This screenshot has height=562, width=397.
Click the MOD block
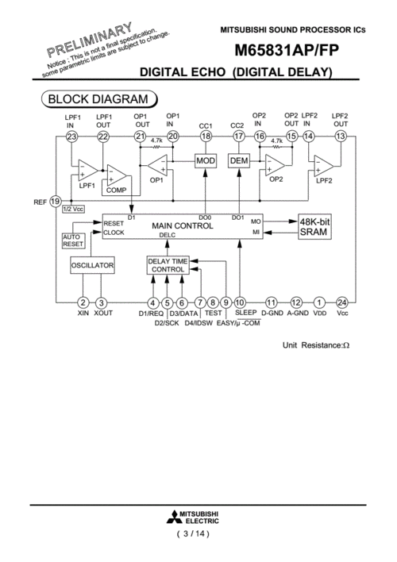(206, 161)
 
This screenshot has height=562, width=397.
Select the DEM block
(239, 161)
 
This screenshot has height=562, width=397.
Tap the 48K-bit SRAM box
(315, 227)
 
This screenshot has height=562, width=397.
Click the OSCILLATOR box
(93, 265)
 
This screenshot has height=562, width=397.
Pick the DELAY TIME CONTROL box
(168, 266)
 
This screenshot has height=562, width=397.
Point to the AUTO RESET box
(73, 241)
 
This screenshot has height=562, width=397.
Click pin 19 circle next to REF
(56, 201)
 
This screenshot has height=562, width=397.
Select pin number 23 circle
(71, 137)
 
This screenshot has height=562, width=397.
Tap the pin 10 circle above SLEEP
(240, 303)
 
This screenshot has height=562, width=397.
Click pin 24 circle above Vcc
(341, 303)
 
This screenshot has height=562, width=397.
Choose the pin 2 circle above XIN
(83, 303)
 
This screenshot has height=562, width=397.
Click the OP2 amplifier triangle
(276, 165)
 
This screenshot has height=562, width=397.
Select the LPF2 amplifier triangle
(324, 166)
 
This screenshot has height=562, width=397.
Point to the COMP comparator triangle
(117, 175)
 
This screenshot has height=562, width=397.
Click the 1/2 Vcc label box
(74, 209)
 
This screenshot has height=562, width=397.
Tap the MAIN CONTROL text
(183, 225)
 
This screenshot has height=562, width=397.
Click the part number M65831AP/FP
(287, 50)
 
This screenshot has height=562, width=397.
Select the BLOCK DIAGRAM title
(98, 99)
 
